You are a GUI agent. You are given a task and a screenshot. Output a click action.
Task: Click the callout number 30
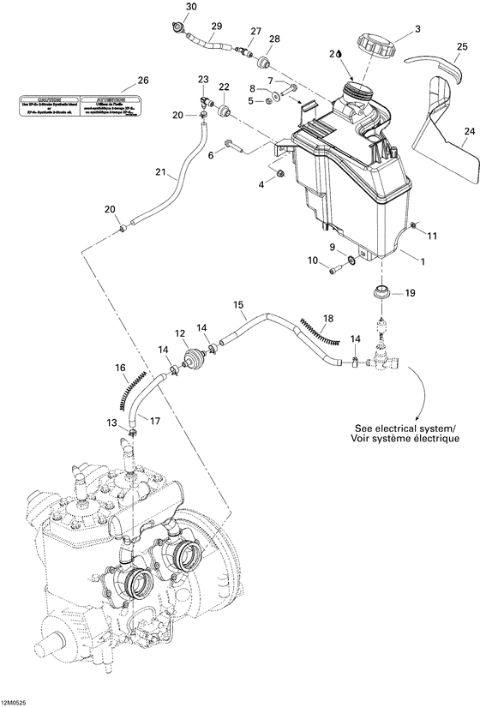pos(190,7)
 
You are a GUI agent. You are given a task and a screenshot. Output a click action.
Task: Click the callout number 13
pos(112,422)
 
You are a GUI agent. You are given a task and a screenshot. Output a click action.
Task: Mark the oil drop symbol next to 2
pos(340,53)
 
